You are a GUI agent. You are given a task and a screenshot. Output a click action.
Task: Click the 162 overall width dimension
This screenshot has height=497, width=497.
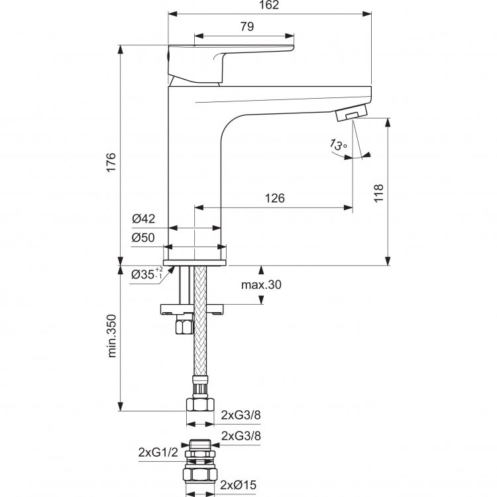[269, 5]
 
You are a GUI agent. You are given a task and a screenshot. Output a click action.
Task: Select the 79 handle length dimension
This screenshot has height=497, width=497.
[247, 27]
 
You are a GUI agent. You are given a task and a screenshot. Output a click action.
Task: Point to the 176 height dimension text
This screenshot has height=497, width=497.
[111, 162]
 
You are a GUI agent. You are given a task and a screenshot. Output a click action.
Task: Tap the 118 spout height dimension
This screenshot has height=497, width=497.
[378, 192]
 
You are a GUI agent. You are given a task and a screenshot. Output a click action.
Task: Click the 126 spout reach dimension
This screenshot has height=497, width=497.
[274, 198]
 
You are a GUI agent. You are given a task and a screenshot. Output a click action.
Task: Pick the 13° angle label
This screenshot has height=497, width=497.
[338, 144]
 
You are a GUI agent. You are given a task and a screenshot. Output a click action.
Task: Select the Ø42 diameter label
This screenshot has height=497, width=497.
[144, 219]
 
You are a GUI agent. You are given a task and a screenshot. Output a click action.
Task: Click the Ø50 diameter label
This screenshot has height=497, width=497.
[143, 237]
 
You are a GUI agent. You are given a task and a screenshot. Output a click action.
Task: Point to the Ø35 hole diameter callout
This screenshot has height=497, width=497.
[147, 274]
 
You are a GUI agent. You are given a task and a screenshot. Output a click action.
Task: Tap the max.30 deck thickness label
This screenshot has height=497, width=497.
[261, 285]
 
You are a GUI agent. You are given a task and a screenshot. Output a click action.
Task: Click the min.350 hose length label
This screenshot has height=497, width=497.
[111, 336]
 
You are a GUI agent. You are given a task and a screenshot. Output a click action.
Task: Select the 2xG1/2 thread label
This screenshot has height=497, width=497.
[158, 453]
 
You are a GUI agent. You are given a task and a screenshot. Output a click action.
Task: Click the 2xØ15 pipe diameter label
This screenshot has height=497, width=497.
[239, 484]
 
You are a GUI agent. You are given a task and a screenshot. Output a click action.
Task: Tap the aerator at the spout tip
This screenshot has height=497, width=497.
[351, 112]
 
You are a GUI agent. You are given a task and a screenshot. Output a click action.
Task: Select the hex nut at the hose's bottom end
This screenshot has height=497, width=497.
[199, 405]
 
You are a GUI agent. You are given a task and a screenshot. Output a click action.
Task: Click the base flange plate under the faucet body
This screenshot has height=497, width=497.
[195, 263]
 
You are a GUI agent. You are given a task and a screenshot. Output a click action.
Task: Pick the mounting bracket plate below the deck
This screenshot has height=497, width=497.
[192, 309]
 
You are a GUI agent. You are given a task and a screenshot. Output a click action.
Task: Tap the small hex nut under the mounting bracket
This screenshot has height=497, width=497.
[184, 327]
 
